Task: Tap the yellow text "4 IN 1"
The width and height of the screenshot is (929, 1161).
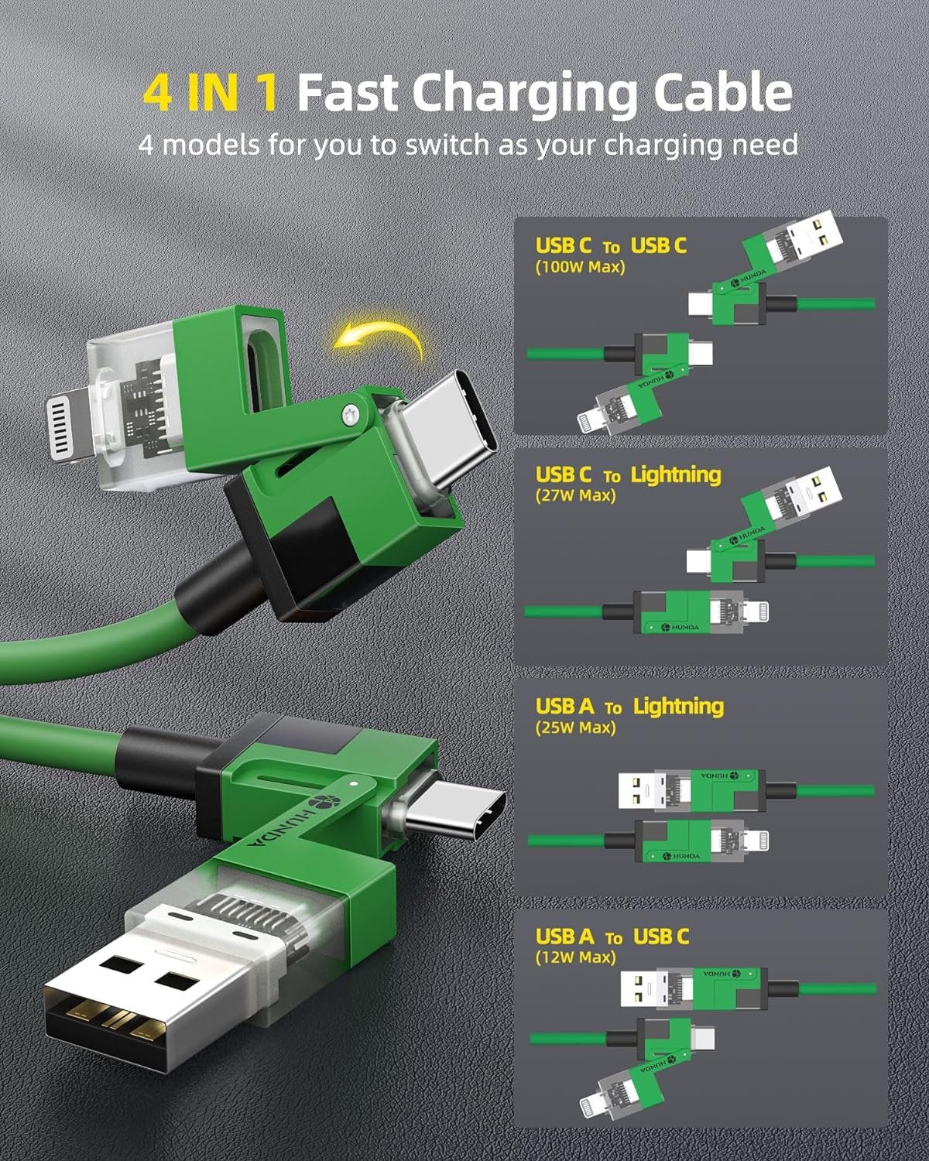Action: tap(211, 93)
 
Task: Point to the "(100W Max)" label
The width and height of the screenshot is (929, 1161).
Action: tap(581, 267)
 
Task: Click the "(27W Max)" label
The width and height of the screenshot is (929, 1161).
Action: tap(575, 495)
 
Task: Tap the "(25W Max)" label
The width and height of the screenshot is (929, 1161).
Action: tap(575, 728)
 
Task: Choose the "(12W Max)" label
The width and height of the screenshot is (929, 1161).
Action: tap(575, 957)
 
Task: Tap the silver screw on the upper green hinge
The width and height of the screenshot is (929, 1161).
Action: tap(351, 416)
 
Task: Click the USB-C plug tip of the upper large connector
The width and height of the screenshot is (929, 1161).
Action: tap(451, 426)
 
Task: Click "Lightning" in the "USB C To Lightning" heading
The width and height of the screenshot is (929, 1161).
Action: tap(676, 474)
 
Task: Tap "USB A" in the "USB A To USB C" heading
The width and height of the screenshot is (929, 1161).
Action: tap(564, 937)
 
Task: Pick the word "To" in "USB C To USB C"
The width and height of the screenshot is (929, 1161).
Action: tap(611, 248)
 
